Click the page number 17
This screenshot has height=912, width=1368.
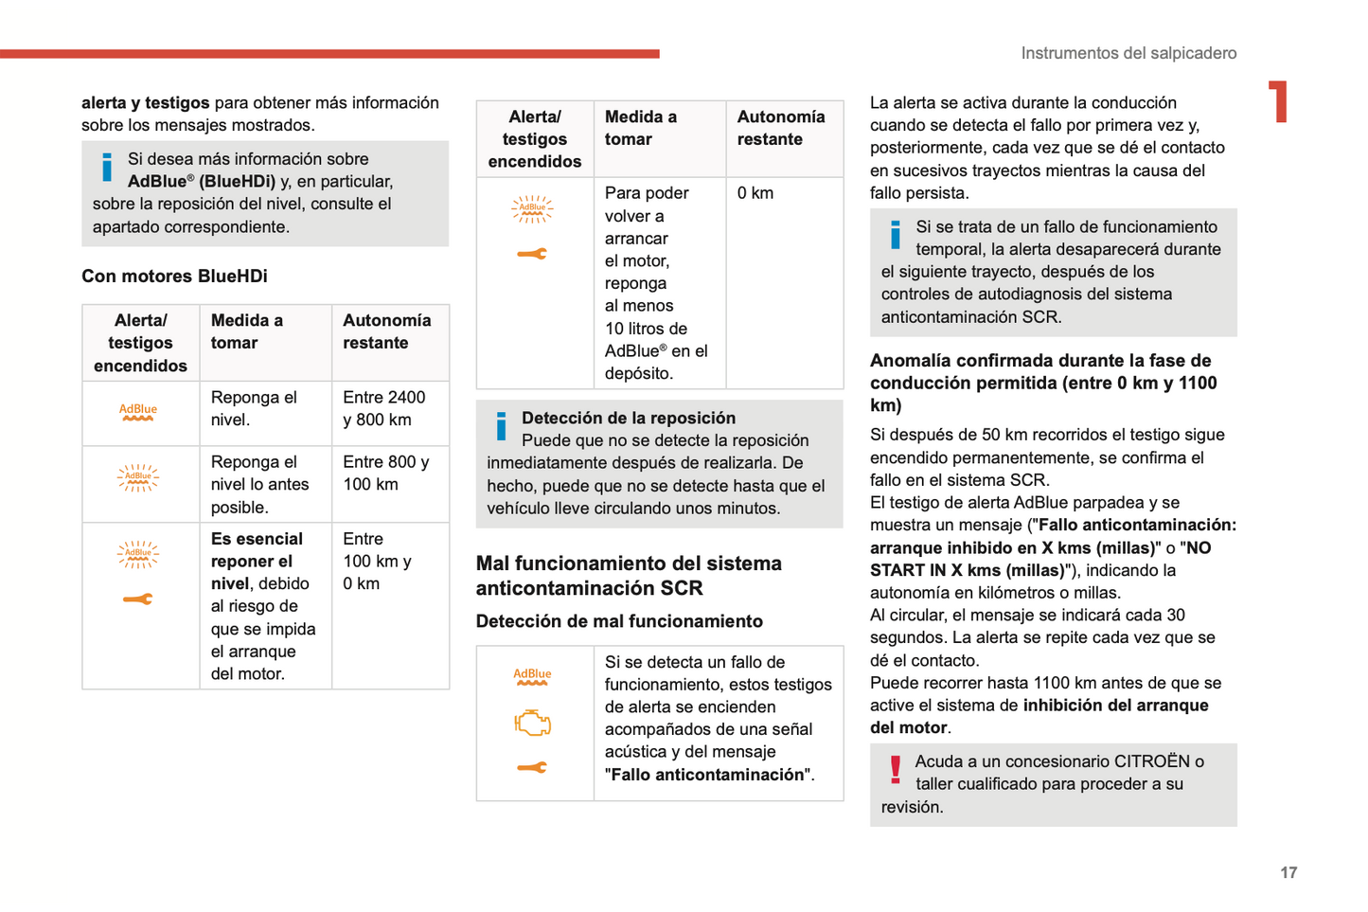1288,872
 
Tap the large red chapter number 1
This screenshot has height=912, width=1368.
1279,101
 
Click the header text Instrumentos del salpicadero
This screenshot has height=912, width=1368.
1128,53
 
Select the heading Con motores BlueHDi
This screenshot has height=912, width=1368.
174,276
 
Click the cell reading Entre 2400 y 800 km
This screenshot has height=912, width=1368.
384,408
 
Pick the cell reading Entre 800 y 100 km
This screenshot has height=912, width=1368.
385,473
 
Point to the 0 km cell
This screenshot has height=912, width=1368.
755,193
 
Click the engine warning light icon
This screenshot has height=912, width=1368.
532,724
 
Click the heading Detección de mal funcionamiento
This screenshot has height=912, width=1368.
619,621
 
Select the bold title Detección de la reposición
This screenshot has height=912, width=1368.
629,418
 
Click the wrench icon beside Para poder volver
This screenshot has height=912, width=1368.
532,254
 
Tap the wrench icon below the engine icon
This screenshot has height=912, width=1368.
532,767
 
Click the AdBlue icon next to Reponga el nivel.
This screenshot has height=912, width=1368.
138,412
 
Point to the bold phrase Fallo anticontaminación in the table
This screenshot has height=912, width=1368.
709,775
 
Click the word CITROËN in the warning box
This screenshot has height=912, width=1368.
1152,761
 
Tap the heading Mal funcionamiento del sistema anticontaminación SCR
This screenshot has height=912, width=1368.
629,576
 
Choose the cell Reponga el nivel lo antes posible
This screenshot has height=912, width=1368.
259,484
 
